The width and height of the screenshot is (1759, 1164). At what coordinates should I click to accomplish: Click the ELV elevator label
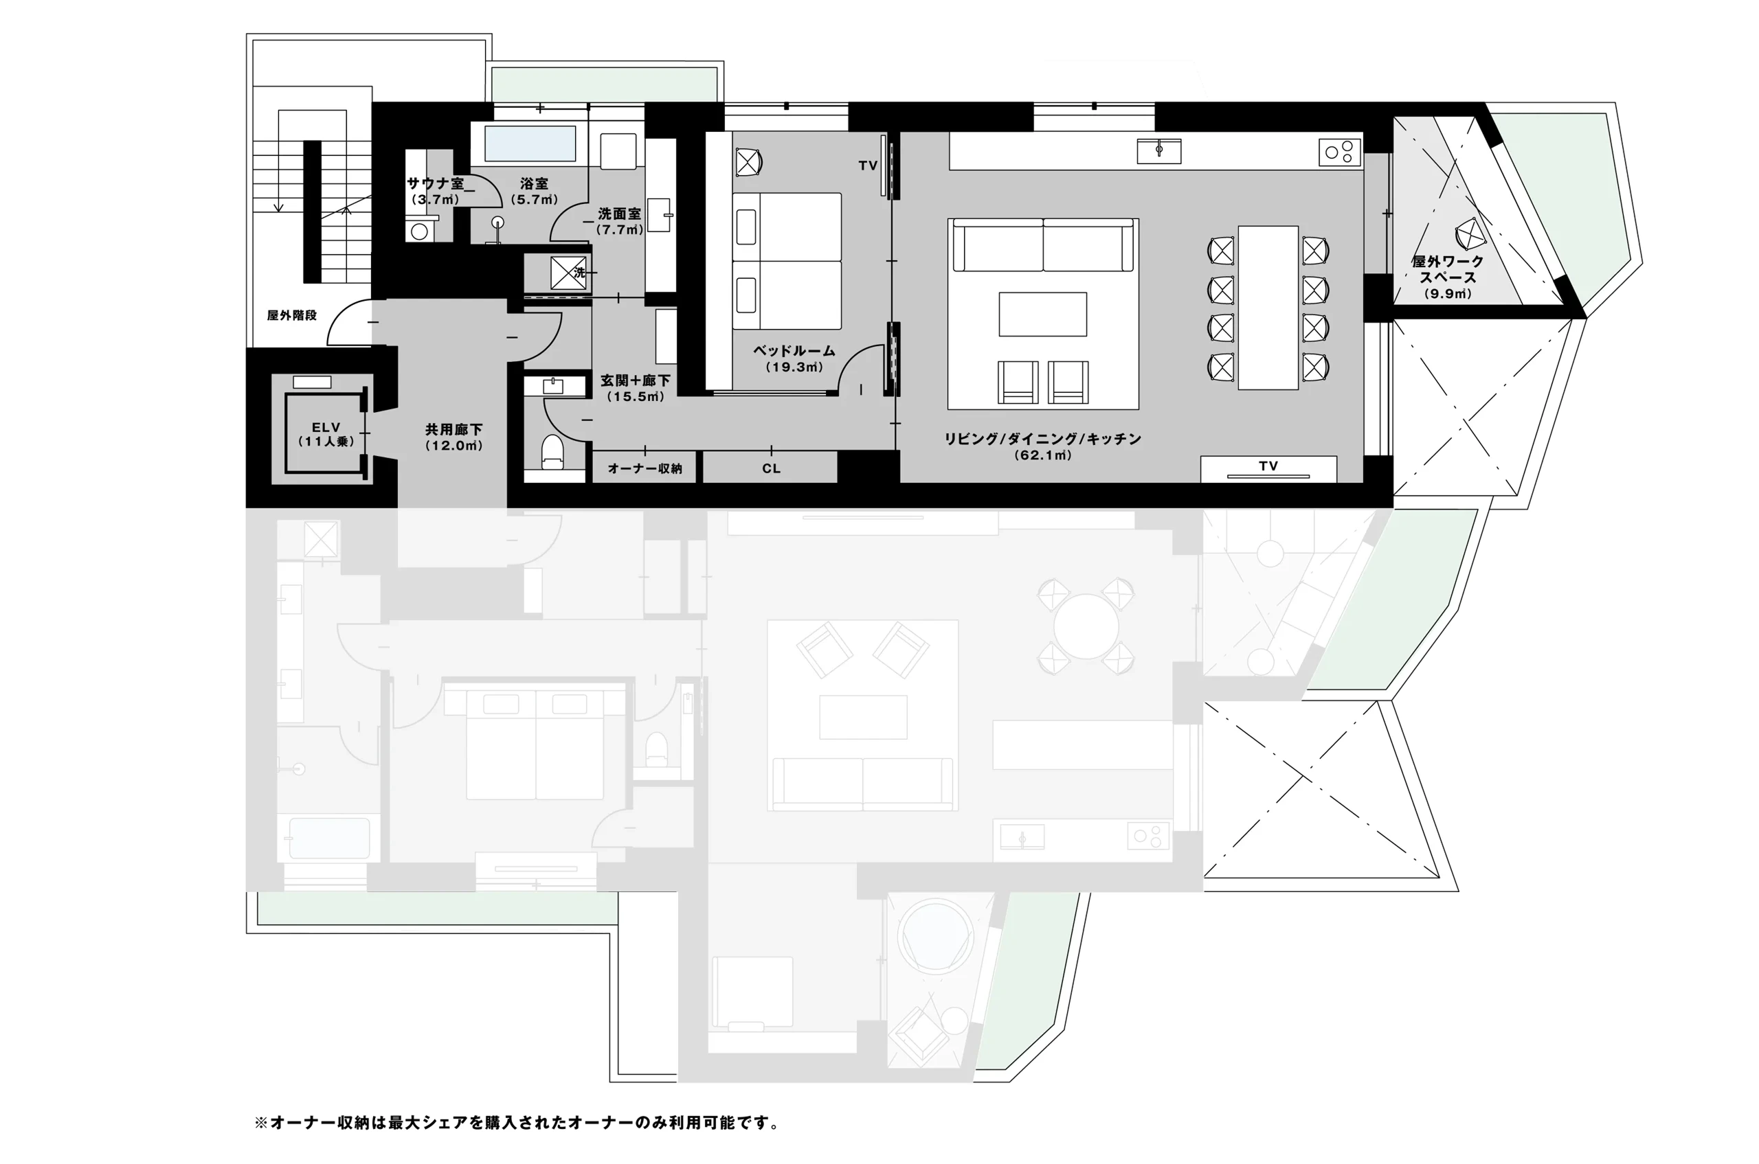click(x=326, y=427)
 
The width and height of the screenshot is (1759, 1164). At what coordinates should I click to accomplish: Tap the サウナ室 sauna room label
click(x=436, y=183)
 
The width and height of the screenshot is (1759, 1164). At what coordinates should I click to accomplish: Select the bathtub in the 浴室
click(x=530, y=144)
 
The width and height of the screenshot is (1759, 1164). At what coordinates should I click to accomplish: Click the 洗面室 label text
click(x=620, y=214)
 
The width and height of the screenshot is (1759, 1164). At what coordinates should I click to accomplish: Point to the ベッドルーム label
click(x=794, y=350)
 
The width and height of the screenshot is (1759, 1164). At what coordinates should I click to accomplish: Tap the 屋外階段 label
click(x=292, y=315)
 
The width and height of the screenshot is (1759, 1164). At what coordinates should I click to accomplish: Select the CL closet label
click(x=771, y=468)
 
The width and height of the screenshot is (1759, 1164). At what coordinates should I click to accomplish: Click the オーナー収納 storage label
click(x=645, y=468)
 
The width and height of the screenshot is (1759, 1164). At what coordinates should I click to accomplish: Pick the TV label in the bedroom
click(x=868, y=166)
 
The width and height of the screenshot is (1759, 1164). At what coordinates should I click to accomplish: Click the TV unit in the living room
click(x=1268, y=468)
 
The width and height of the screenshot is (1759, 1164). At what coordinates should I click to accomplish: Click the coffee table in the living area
click(x=1043, y=314)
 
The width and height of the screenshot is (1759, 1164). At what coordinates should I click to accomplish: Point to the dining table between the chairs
click(x=1268, y=308)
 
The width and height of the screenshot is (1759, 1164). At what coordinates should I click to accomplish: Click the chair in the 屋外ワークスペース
click(x=1469, y=235)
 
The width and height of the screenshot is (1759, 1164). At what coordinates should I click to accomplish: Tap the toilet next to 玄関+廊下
click(x=551, y=451)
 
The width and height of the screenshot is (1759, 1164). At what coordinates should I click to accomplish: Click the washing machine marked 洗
click(x=568, y=273)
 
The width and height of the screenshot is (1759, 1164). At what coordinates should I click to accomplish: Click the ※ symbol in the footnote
click(x=260, y=1122)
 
